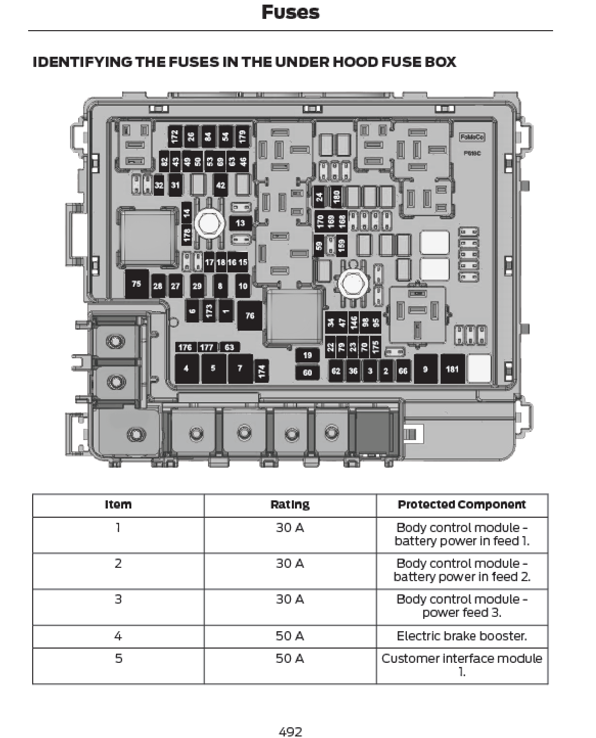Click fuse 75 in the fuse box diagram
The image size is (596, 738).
[136, 284]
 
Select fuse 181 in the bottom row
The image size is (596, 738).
[452, 368]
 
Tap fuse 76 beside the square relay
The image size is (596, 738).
[249, 315]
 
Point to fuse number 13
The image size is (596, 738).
[240, 223]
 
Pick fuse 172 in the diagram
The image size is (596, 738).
[175, 136]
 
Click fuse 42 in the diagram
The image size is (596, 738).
[221, 185]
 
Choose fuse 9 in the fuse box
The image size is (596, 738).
[425, 368]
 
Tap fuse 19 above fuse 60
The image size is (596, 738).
[307, 355]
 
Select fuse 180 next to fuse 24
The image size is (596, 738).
[336, 196]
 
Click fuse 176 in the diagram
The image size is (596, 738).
[185, 348]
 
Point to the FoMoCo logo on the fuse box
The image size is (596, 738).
[472, 137]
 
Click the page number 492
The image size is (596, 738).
[290, 731]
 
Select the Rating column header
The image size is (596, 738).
[290, 505]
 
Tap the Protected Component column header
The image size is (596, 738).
[462, 505]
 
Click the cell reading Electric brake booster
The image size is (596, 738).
[462, 636]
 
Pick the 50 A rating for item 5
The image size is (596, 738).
[290, 658]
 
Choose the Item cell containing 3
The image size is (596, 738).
[118, 599]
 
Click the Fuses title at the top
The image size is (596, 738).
[290, 12]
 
